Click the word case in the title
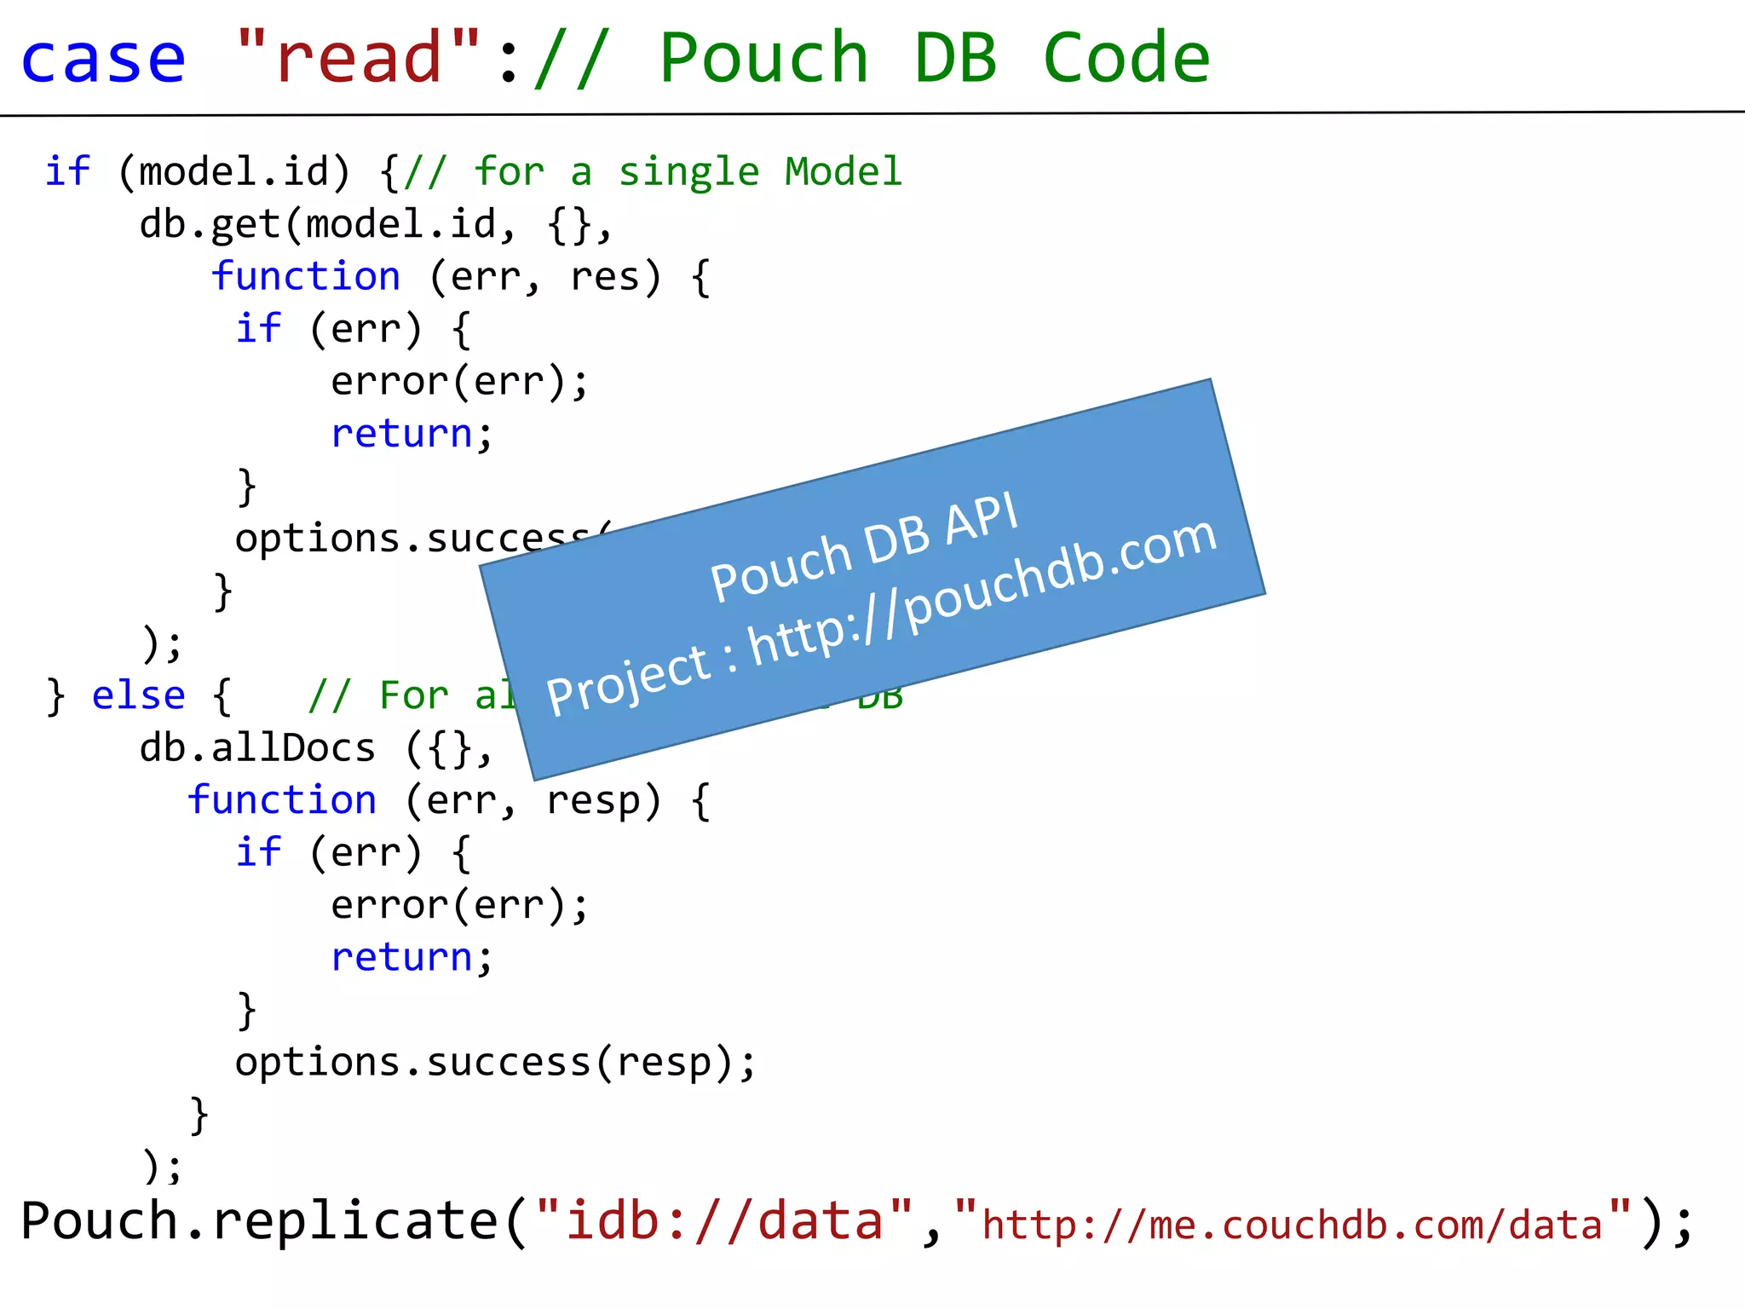click(102, 58)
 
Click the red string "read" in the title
click(358, 58)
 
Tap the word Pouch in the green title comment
click(763, 58)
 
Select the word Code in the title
click(1126, 58)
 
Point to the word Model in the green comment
click(843, 172)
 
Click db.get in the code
click(210, 225)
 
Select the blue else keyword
click(138, 696)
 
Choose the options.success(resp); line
click(495, 1063)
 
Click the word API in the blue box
click(982, 520)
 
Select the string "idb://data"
click(724, 1220)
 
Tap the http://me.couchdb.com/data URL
click(1292, 1225)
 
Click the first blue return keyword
click(401, 434)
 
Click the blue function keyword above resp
click(282, 801)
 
